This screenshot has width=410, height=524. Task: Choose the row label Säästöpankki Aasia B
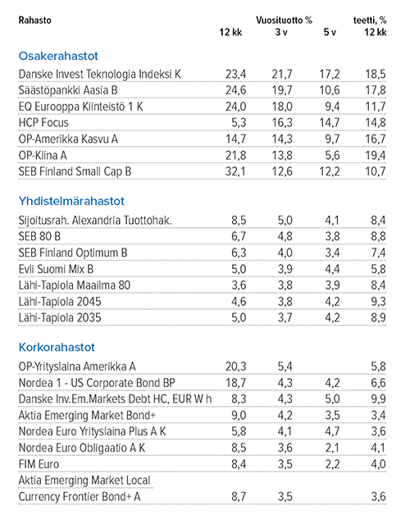tap(68, 90)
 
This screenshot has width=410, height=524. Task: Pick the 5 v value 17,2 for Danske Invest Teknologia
tap(329, 74)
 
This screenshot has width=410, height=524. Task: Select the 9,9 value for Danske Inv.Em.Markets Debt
tap(375, 399)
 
